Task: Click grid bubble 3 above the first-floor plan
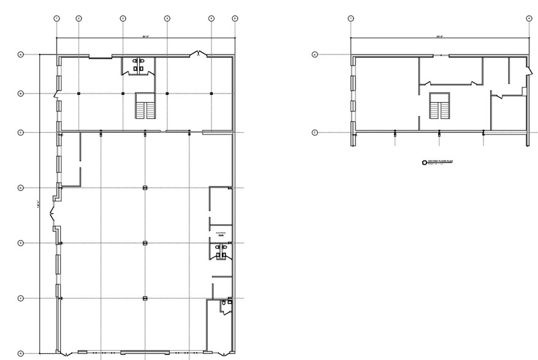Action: [123, 18]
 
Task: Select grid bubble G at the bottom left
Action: [21, 353]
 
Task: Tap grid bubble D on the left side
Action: [21, 187]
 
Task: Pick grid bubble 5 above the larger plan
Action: [211, 18]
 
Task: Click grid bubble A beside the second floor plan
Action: [315, 54]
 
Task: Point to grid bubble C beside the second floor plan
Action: [315, 132]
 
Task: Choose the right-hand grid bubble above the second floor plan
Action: [529, 18]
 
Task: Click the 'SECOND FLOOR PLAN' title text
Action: [441, 162]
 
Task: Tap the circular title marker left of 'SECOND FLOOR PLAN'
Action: [423, 162]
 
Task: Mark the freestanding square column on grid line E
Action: [145, 243]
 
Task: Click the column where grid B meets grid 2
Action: [79, 93]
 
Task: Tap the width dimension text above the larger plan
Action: [145, 37]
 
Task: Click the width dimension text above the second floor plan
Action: [439, 37]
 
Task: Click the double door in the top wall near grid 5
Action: [199, 54]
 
